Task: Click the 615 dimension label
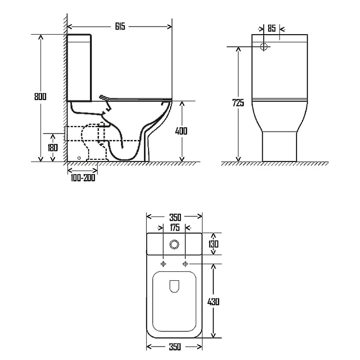coord(120,27)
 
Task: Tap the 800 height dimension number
coord(40,96)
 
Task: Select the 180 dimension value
coord(53,148)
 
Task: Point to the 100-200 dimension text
coord(83,178)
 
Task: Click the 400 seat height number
coord(181,131)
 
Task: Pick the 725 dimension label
coord(238,103)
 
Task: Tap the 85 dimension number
coord(272,28)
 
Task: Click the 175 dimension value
coord(175,228)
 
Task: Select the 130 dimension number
coord(213,244)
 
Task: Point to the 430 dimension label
coord(213,301)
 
